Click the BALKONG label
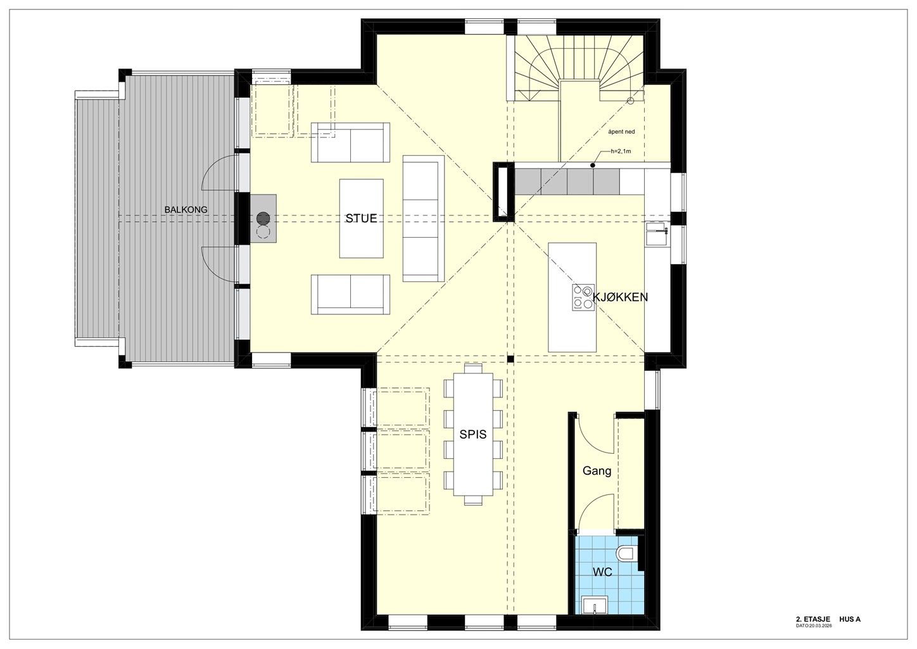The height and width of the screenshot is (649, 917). [186, 209]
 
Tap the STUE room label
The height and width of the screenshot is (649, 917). [361, 219]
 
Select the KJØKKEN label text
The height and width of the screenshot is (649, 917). [620, 297]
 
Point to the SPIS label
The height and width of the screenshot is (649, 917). [473, 434]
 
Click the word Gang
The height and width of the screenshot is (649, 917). [597, 471]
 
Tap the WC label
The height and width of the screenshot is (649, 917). [603, 572]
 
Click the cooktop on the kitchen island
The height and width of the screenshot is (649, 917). [583, 297]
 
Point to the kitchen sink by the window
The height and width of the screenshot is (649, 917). [657, 233]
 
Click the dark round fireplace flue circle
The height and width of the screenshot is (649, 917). [263, 219]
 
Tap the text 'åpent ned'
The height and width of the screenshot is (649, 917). [621, 132]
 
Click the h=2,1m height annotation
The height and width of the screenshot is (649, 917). [621, 151]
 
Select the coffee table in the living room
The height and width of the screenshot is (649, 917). [362, 219]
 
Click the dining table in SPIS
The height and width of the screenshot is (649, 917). [473, 434]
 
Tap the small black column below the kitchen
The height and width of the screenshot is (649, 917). [510, 359]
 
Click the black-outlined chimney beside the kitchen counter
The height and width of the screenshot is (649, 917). [503, 192]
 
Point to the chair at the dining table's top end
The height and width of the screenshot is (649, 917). [473, 368]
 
